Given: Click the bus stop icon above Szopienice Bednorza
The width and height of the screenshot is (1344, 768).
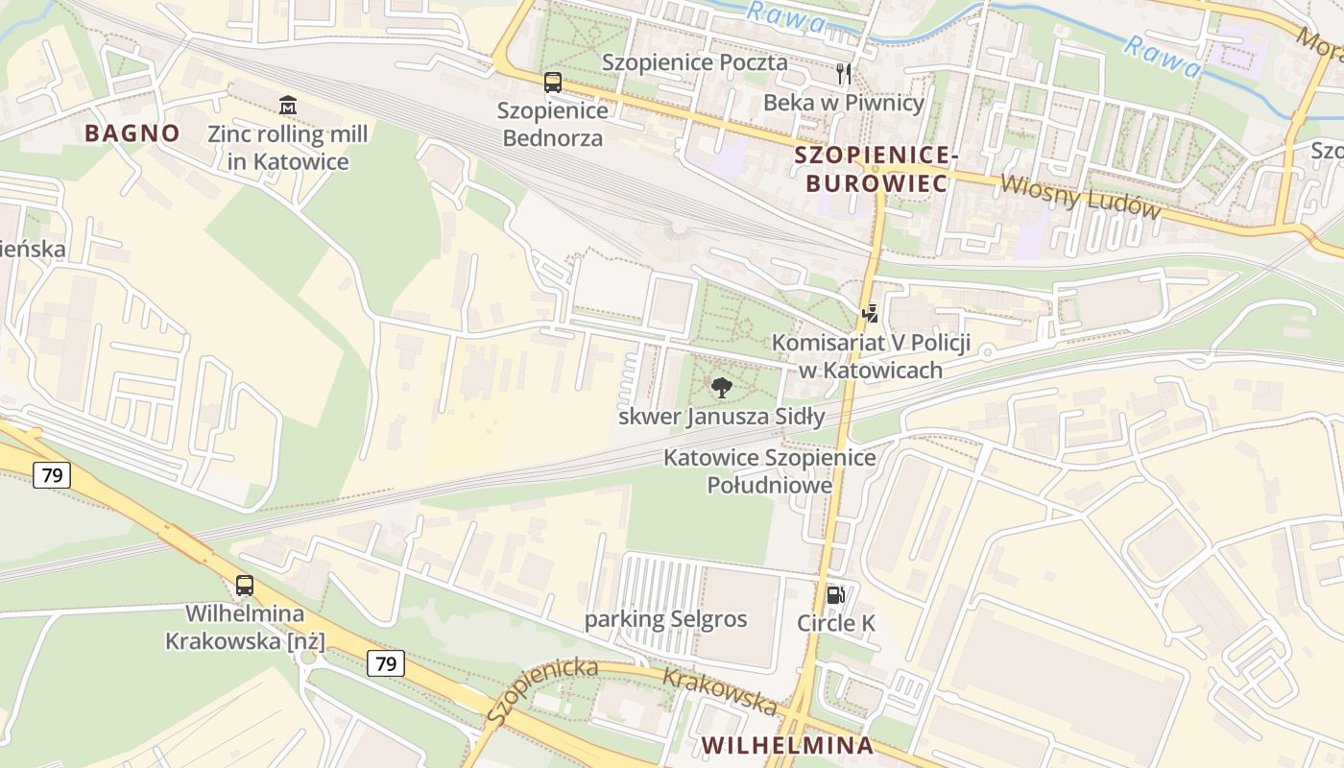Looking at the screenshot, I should pos(553,83).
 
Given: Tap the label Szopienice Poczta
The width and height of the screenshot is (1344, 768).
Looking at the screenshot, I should pos(694,62).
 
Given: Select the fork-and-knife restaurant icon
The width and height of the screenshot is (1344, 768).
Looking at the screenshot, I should pos(844,73).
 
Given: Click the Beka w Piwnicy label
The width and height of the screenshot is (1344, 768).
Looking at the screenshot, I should pos(844,103).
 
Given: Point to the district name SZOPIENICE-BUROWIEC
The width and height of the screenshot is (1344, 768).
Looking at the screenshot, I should pos(876,168).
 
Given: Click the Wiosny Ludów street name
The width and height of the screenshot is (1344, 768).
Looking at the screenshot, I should pos(1080,197).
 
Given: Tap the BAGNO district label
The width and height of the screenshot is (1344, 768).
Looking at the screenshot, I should pos(132,133).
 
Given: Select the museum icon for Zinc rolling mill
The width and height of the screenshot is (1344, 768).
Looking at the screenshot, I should pos(287,104).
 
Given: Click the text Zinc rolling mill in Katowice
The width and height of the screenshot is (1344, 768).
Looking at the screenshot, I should pos(287,147).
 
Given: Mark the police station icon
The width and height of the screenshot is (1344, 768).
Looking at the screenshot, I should pos(870,313).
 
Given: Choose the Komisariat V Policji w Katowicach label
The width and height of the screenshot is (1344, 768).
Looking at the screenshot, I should pos(871,356).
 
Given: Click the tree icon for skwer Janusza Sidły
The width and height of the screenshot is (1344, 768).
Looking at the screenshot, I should pos(721,388).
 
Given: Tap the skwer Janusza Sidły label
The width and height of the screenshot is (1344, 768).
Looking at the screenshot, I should pos(721,417).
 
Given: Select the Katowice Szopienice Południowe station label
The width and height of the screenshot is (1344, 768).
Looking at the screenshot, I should pos(769,471).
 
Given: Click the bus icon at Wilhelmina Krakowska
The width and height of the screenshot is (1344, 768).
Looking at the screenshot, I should pos(245,585).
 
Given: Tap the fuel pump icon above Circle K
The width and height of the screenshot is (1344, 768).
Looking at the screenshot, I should pos(836,594).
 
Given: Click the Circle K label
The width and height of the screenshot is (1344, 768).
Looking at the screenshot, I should pos(836,623).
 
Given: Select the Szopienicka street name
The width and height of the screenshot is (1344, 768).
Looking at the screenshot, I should pos(541,691).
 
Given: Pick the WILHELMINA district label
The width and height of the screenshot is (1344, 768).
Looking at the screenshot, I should pos(787,745).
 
